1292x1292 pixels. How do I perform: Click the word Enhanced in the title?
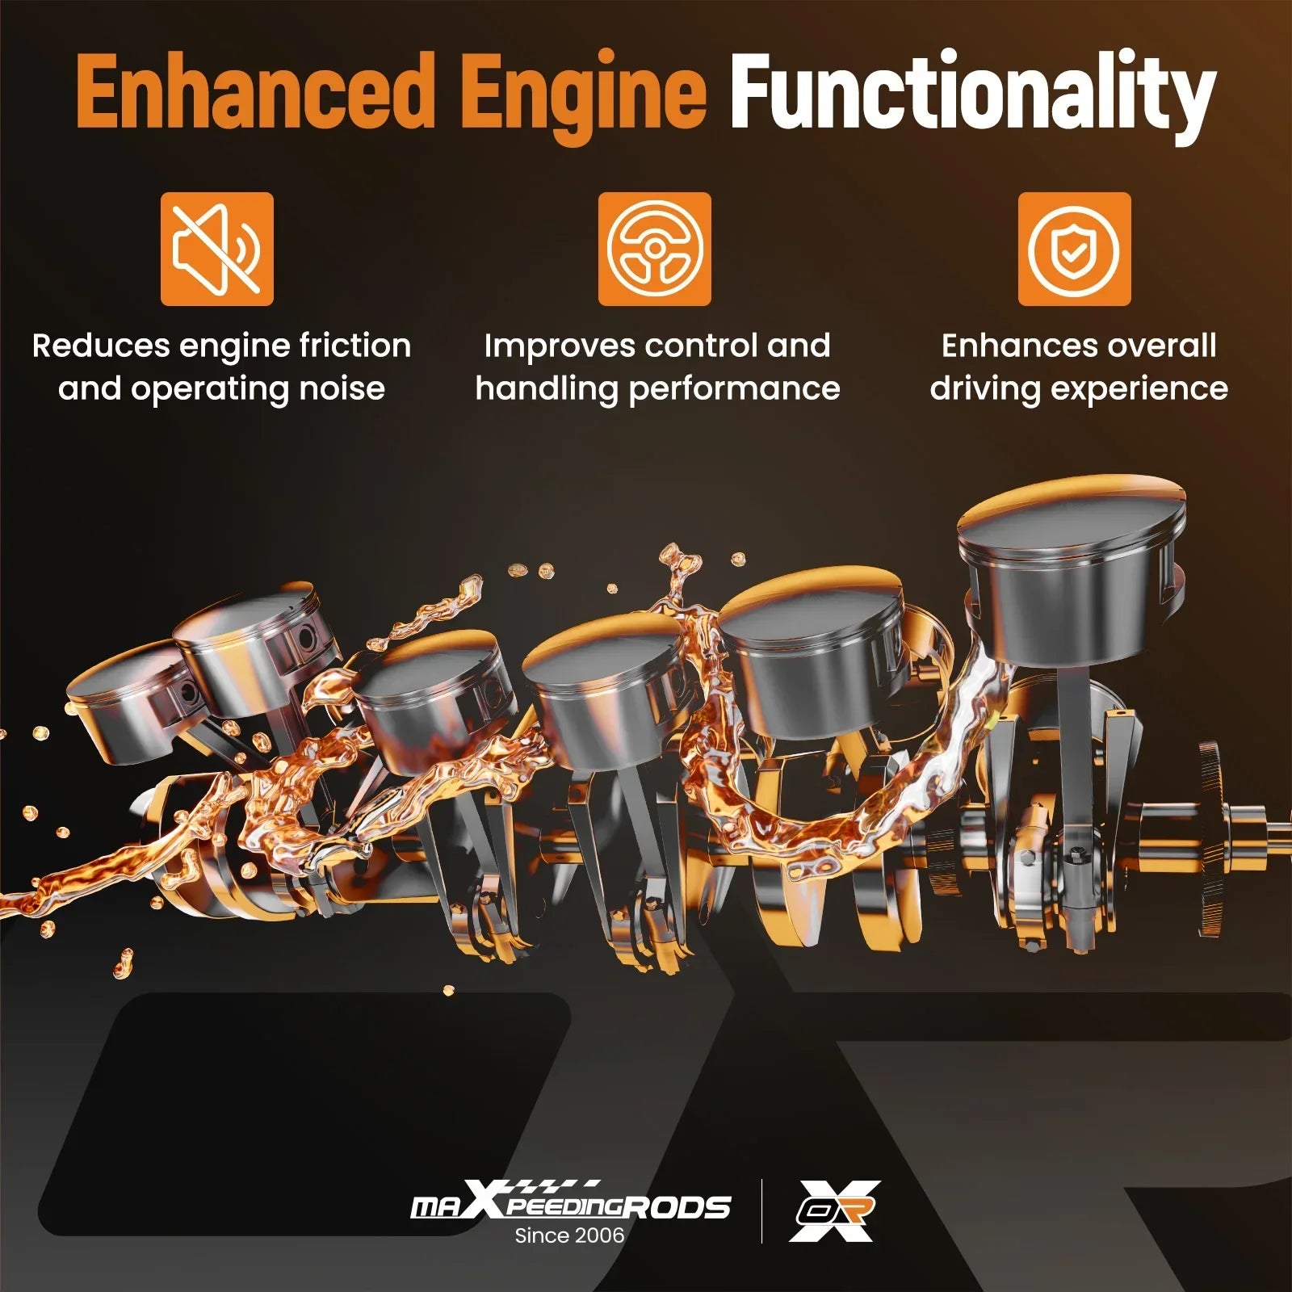[x=256, y=91]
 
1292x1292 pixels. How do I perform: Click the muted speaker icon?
[x=217, y=249]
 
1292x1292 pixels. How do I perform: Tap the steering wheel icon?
[x=655, y=249]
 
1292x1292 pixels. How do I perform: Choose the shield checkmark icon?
[x=1075, y=249]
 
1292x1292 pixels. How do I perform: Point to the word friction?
[x=355, y=346]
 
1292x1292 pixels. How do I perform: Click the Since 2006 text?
[x=570, y=1235]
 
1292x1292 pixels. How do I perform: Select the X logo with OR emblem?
[x=834, y=1210]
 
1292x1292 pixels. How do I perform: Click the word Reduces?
[x=101, y=346]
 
